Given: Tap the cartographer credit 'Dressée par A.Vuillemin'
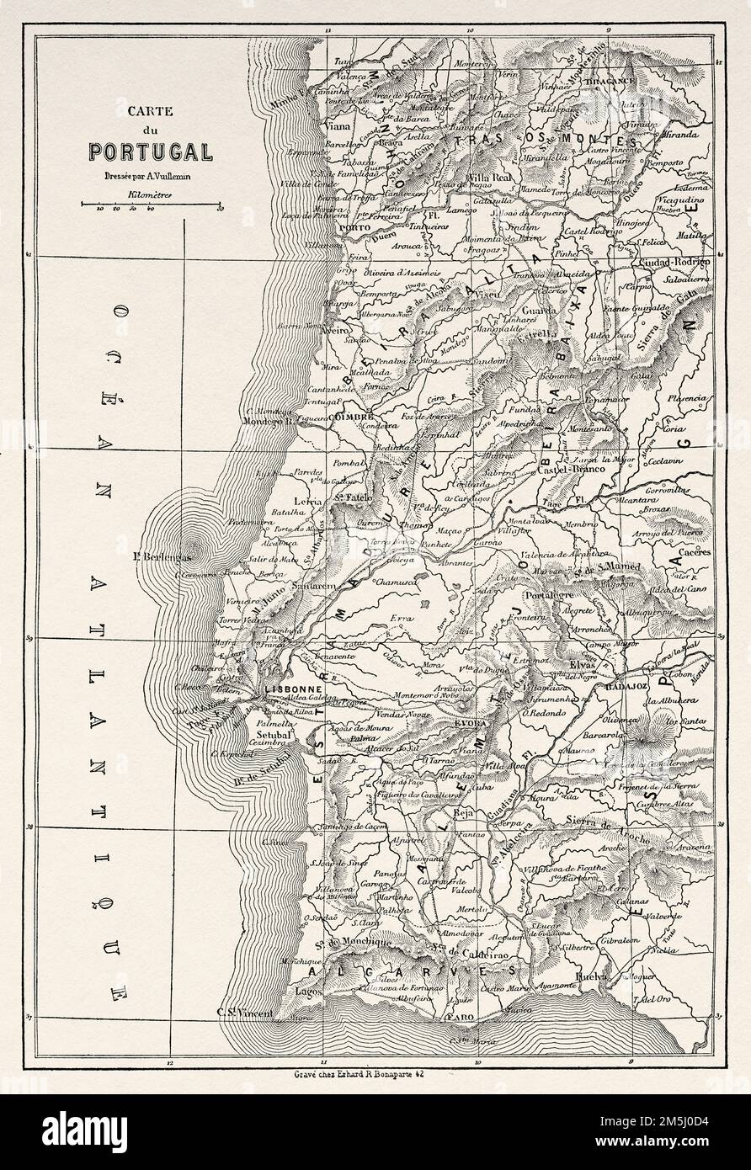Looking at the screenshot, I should (150, 178).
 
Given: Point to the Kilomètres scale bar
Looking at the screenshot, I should (151, 204).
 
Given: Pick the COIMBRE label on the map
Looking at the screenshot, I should (353, 416).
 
